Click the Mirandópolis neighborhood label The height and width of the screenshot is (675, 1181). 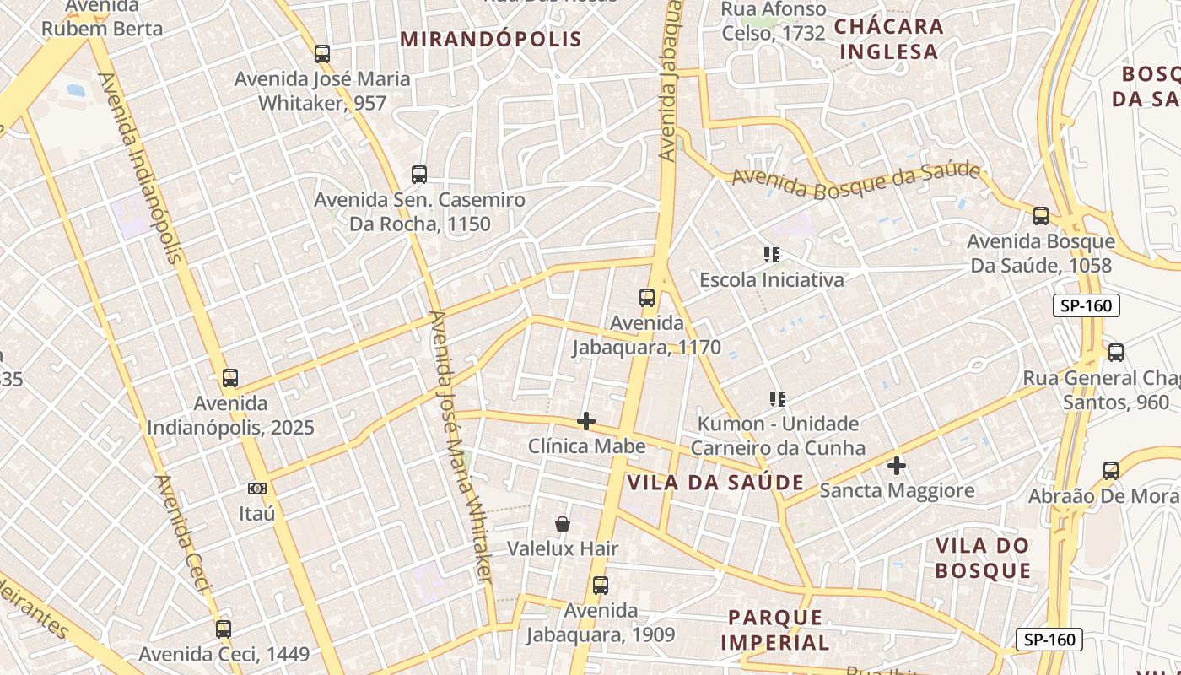coord(490,39)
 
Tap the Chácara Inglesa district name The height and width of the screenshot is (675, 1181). coord(888,39)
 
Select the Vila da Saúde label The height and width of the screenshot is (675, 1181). coord(715,483)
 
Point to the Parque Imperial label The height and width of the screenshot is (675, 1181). coord(774,630)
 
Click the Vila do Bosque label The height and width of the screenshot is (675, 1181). coord(983,559)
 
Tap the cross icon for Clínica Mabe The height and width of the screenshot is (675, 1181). coord(586,421)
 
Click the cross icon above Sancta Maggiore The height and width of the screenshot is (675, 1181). coord(897,466)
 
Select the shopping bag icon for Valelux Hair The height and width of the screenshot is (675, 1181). coord(563,524)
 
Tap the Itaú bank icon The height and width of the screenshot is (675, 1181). coord(257,489)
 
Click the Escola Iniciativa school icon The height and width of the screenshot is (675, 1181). coord(771,254)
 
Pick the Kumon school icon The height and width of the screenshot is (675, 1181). coord(777,398)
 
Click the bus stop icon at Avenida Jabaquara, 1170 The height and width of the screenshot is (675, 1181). coord(647,298)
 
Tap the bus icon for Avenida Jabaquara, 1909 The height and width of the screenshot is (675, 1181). coord(600,586)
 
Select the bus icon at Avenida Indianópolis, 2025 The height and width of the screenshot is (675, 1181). coord(230,378)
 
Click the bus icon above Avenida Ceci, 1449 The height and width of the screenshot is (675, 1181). coord(224,629)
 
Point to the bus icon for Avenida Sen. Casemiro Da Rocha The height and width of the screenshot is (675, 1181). coord(419,175)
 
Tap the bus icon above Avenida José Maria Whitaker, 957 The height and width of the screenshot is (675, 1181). coord(322,54)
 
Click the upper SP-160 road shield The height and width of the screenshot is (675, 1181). coord(1087,305)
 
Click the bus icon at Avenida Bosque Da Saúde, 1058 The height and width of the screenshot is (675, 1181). coord(1041,216)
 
